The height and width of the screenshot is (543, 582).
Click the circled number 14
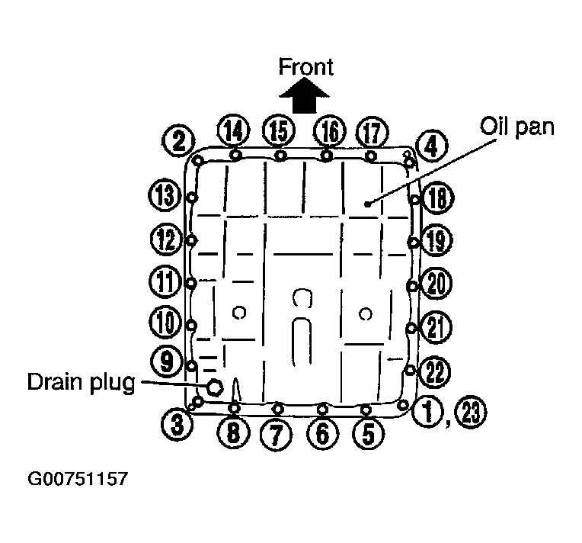(x=233, y=131)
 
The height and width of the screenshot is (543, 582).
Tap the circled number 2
(x=178, y=140)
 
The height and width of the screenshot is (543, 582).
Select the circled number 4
(x=432, y=145)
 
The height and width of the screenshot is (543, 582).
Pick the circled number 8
(x=233, y=433)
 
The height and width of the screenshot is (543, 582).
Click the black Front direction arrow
(x=305, y=98)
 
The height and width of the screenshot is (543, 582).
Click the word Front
(x=305, y=66)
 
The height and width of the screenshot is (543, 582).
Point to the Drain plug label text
(x=80, y=381)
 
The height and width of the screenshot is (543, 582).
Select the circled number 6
(x=323, y=434)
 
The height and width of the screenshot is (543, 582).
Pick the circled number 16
(x=329, y=131)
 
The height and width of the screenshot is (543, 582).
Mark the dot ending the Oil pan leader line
(x=366, y=204)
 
